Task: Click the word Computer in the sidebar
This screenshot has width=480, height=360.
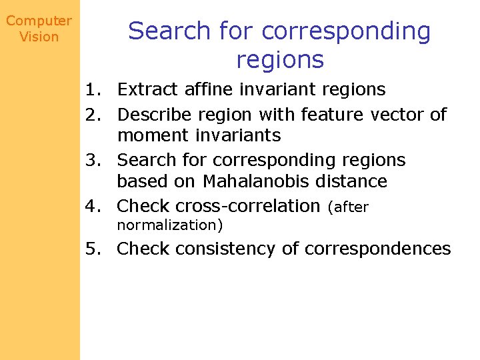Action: point(39,21)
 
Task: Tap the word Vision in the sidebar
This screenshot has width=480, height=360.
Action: point(39,37)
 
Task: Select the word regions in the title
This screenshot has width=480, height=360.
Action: point(279,59)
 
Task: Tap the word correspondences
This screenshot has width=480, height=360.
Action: point(377,249)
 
